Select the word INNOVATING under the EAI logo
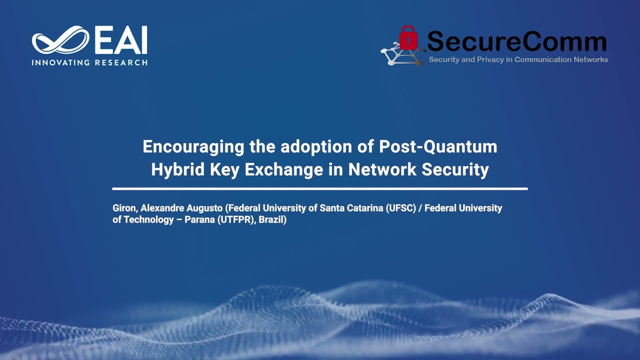(60, 62)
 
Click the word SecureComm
(516, 42)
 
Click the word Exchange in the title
(284, 170)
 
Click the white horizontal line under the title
(320, 188)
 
